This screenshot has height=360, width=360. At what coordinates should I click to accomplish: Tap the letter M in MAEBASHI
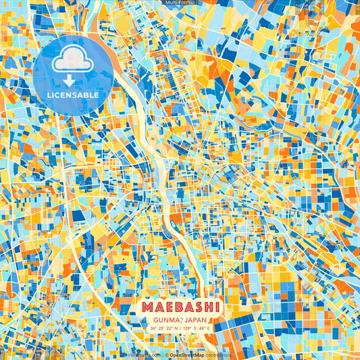(x=147, y=307)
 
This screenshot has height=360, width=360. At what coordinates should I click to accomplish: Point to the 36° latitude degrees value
(x=154, y=328)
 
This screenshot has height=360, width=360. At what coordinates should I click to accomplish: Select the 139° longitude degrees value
(x=189, y=328)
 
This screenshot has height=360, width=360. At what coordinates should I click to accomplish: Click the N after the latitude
(x=177, y=328)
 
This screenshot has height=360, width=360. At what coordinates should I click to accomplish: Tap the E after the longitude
(x=209, y=328)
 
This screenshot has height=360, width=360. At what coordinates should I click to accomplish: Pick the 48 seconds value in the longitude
(x=203, y=328)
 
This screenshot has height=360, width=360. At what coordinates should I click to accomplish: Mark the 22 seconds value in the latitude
(x=170, y=328)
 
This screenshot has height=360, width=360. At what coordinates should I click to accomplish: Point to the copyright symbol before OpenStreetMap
(x=165, y=354)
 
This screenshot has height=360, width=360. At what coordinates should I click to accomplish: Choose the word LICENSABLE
(x=73, y=95)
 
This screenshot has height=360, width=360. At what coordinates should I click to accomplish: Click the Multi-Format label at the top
(x=180, y=3)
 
